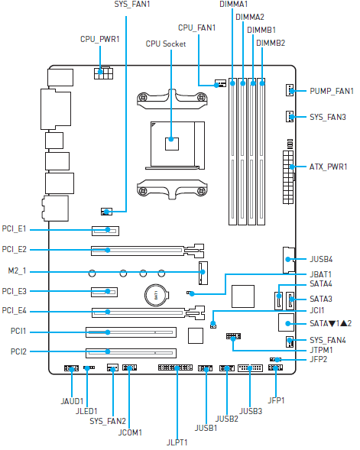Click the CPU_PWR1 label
tap(99, 38)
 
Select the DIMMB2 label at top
tap(271, 43)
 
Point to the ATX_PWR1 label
tap(329, 166)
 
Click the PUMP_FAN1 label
tap(332, 92)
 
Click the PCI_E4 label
tap(15, 310)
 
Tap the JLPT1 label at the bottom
tap(177, 441)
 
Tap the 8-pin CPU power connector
tap(102, 73)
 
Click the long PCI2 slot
tap(130, 352)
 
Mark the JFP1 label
tap(276, 400)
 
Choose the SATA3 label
tap(321, 299)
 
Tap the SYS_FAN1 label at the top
tap(131, 5)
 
